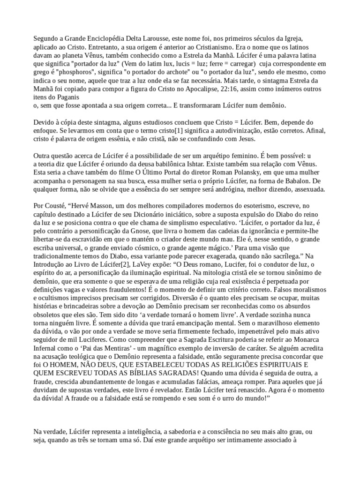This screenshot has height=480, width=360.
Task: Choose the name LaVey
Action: tap(140, 265)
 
